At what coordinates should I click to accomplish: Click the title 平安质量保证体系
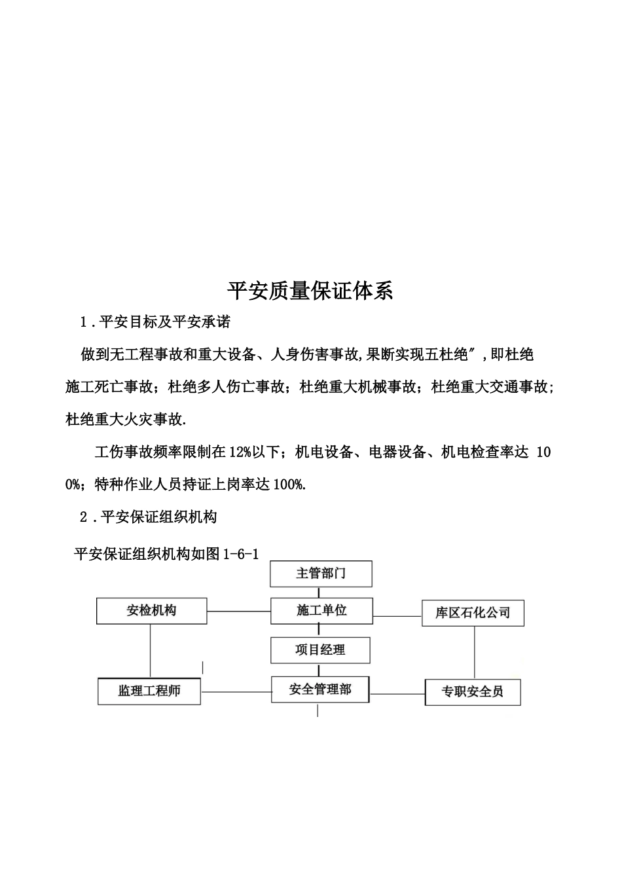(310, 290)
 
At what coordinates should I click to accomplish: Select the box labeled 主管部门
(321, 574)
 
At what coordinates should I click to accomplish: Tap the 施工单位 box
(321, 610)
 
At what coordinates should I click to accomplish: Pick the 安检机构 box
(151, 611)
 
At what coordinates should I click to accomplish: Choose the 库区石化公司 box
(472, 613)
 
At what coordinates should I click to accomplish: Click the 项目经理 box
(320, 650)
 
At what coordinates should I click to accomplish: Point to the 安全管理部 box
(320, 689)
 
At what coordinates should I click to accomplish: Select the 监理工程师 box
(149, 691)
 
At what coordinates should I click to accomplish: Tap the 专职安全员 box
(472, 692)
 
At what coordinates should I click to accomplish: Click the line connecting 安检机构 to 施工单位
(238, 612)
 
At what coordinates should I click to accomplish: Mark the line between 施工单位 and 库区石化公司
(397, 616)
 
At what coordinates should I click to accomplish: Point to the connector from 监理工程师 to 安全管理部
(236, 691)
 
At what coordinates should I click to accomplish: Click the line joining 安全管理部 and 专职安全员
(397, 693)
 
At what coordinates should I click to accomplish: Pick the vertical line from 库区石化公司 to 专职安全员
(473, 652)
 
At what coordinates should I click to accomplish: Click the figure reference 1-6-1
(241, 555)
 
